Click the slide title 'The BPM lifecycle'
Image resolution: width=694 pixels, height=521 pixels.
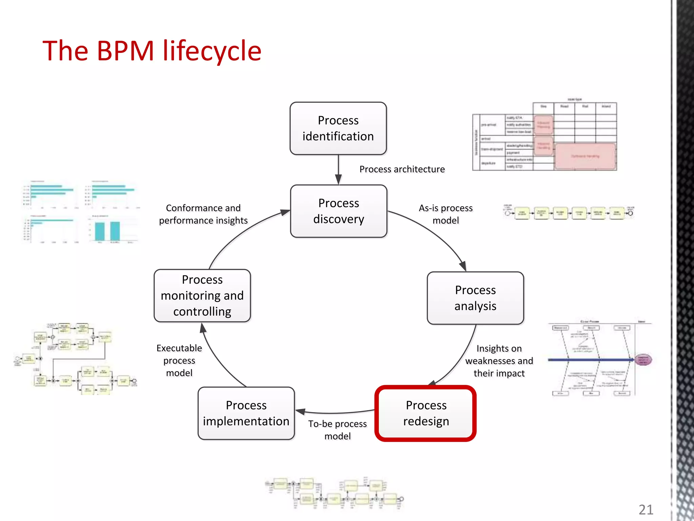pyautogui.click(x=152, y=51)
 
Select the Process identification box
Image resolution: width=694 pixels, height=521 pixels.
pyautogui.click(x=338, y=128)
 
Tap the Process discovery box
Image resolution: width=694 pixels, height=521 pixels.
pyautogui.click(x=339, y=211)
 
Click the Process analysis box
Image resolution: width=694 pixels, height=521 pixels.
pyautogui.click(x=475, y=298)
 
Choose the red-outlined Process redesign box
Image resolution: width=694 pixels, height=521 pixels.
pyautogui.click(x=426, y=413)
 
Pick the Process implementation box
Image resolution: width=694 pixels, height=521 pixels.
pyautogui.click(x=246, y=413)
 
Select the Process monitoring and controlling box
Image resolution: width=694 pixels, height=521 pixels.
pyautogui.click(x=202, y=295)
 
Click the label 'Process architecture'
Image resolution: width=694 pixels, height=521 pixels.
pyautogui.click(x=402, y=169)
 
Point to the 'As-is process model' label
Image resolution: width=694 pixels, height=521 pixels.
pyautogui.click(x=446, y=214)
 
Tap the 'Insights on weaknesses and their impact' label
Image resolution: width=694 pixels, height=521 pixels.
pyautogui.click(x=499, y=361)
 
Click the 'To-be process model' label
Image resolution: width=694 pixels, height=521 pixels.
pyautogui.click(x=338, y=430)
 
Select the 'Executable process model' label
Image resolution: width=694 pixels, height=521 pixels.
pyautogui.click(x=179, y=360)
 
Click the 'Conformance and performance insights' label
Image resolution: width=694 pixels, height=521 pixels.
pyautogui.click(x=203, y=214)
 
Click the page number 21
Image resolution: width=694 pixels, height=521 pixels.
pyautogui.click(x=646, y=509)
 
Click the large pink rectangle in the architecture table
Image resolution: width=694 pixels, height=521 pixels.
pyautogui.click(x=585, y=156)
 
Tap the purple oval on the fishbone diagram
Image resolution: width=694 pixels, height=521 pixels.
pyautogui.click(x=643, y=360)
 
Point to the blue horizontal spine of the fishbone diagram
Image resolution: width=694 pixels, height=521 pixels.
pyautogui.click(x=590, y=360)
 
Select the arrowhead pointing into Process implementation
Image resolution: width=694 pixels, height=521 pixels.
pyautogui.click(x=300, y=411)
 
